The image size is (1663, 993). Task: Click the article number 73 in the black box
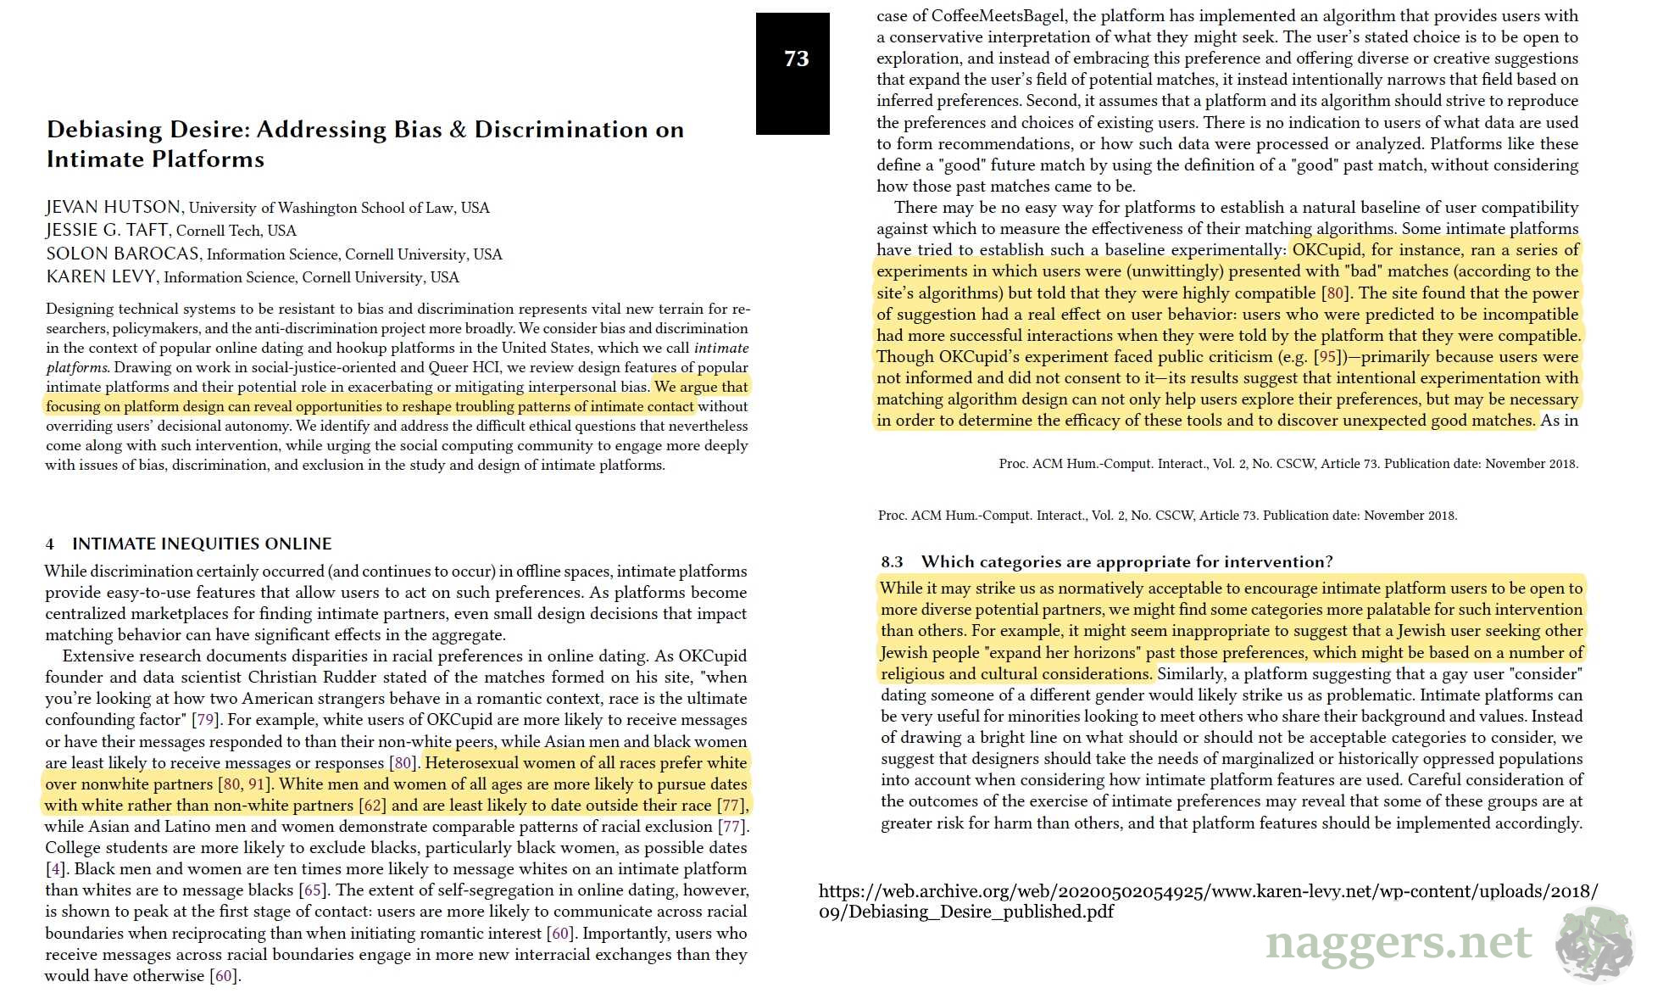(796, 59)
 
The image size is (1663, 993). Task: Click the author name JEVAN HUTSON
(113, 207)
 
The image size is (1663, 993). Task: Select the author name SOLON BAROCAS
(123, 254)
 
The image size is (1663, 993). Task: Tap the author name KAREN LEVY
(101, 276)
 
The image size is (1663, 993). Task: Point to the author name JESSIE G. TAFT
(107, 230)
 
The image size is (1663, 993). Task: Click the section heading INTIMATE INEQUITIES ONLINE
(202, 544)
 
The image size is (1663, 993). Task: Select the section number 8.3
(892, 561)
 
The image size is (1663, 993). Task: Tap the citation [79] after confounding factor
(205, 720)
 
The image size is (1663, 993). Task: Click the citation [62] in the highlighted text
(372, 805)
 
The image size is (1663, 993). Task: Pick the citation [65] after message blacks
(313, 890)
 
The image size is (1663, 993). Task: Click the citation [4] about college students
(55, 869)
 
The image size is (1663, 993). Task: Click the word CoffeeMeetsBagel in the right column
(998, 15)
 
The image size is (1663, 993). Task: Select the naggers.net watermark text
(1399, 942)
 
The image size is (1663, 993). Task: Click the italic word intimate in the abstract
(720, 348)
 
